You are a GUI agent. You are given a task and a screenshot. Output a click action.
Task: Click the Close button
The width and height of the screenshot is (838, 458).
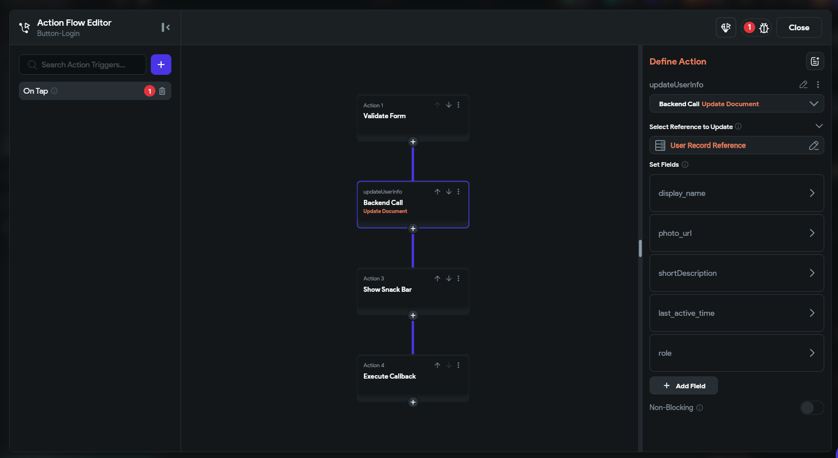click(x=799, y=27)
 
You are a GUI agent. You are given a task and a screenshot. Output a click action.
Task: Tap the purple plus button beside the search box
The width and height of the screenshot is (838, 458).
click(x=161, y=65)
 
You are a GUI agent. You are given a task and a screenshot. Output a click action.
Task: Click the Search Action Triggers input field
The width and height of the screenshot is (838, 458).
click(x=83, y=65)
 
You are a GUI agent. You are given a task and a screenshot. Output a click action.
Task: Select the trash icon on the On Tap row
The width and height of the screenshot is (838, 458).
click(x=162, y=91)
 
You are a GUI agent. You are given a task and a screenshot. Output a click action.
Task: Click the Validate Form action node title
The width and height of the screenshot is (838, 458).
click(x=384, y=116)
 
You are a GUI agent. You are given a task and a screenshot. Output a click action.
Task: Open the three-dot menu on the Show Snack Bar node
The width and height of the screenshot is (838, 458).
click(x=458, y=279)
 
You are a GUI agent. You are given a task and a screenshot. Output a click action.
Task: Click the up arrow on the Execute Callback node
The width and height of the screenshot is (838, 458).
click(x=437, y=365)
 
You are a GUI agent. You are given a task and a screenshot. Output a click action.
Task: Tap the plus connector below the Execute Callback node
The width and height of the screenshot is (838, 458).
click(x=412, y=402)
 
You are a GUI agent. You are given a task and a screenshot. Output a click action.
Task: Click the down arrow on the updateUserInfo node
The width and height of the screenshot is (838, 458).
click(x=448, y=192)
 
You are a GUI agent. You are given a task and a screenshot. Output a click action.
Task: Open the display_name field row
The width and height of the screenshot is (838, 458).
click(x=736, y=193)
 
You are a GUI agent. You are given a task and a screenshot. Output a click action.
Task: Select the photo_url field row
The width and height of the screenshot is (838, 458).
click(x=736, y=233)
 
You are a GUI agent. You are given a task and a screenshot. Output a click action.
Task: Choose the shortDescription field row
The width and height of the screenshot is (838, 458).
click(x=736, y=273)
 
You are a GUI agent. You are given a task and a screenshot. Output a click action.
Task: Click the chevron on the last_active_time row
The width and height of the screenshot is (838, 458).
click(x=812, y=313)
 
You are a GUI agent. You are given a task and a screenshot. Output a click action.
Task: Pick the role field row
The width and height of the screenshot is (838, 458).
click(x=736, y=353)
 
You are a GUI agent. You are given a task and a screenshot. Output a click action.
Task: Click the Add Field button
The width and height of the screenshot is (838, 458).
click(x=684, y=385)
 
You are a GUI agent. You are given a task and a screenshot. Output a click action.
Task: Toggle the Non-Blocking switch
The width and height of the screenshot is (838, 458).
click(x=812, y=408)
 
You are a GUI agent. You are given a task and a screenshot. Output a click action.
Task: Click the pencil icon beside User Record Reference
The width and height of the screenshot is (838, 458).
click(x=813, y=146)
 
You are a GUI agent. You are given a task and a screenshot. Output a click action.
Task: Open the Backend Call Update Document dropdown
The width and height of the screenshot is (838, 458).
click(x=736, y=103)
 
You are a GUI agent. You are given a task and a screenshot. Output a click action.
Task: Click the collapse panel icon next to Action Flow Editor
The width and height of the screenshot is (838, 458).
click(x=165, y=27)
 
